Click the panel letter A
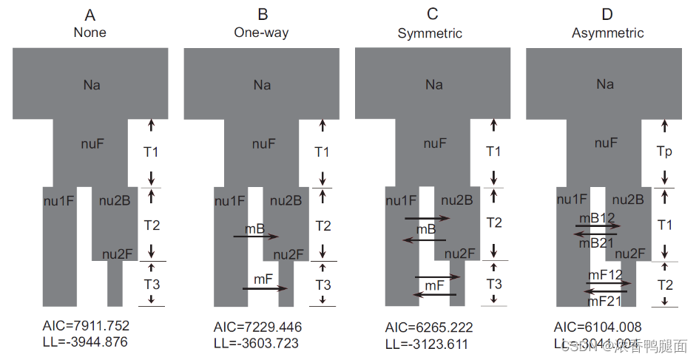coord(90,14)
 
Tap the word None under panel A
coord(90,32)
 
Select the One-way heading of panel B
coord(261,32)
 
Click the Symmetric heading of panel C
coord(430,33)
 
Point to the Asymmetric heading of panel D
coord(607,33)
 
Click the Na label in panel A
coord(92,85)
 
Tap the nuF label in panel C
coord(434,144)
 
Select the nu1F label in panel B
coord(230,200)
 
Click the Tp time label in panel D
coord(665,151)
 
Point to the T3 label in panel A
coord(151,283)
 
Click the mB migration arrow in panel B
coord(256,237)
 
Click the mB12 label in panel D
coord(596,218)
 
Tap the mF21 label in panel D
coord(604,302)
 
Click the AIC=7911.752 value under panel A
coord(88,326)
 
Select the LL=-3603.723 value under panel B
coord(256,343)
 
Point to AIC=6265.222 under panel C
coord(429,327)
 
